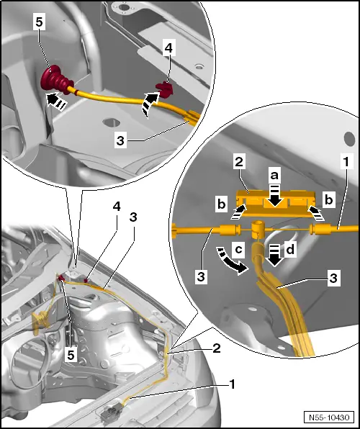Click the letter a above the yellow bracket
274,174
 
